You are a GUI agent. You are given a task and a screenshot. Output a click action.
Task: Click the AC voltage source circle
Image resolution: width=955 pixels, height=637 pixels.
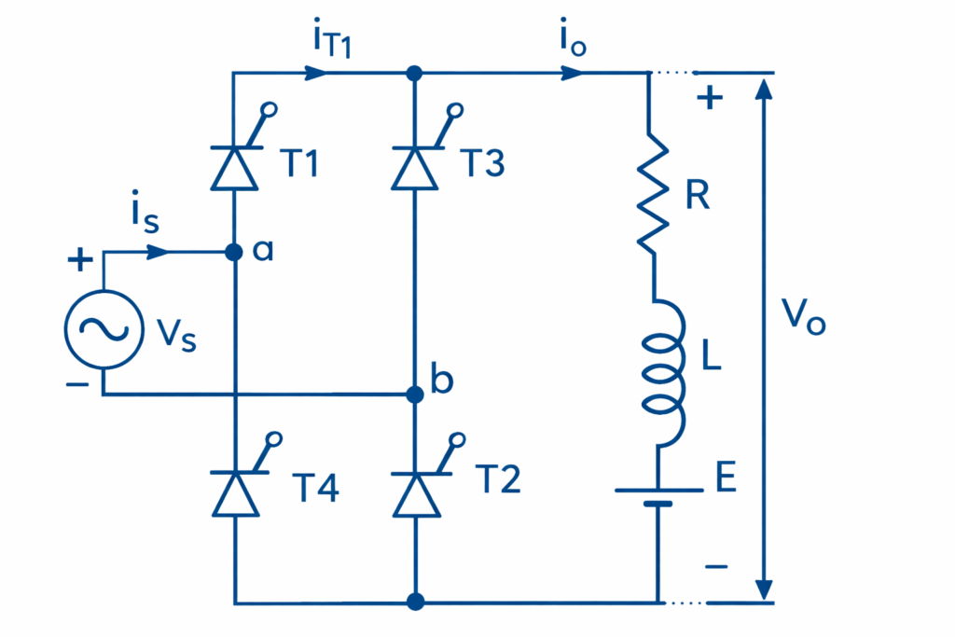(103, 328)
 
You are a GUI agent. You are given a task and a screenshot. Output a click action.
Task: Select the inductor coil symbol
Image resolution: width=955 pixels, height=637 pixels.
(661, 369)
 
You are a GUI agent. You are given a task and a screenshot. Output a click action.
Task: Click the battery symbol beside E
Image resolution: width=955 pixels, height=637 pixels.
(657, 496)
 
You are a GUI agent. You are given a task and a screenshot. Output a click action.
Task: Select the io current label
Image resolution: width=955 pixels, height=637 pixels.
(571, 42)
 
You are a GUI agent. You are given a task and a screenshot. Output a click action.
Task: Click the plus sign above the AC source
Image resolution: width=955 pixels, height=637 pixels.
(81, 260)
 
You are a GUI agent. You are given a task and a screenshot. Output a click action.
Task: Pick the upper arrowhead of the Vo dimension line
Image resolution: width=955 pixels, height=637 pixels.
(764, 87)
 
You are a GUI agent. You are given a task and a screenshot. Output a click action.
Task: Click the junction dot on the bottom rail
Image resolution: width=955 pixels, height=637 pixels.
(416, 602)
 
